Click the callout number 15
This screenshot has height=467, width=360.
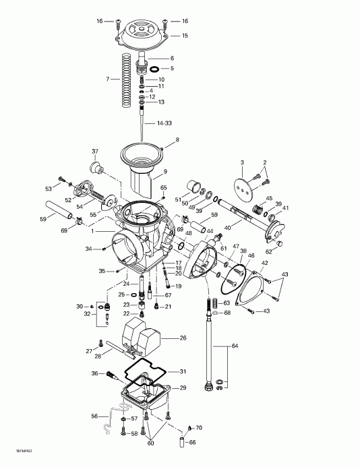pyautogui.click(x=185, y=34)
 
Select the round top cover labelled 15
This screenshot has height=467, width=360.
pyautogui.click(x=144, y=36)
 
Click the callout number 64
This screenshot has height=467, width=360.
pyautogui.click(x=235, y=346)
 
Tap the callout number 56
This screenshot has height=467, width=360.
pyautogui.click(x=95, y=416)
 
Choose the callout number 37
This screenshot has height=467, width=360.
pyautogui.click(x=95, y=151)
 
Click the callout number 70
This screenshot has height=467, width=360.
pyautogui.click(x=199, y=428)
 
